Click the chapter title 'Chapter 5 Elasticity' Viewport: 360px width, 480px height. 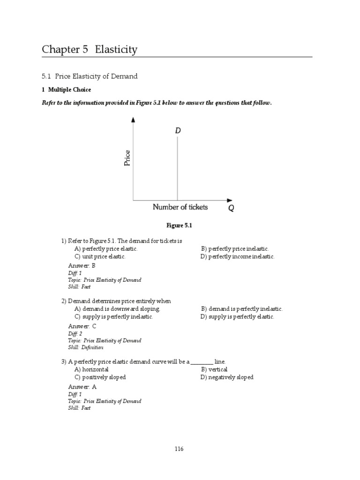(x=90, y=49)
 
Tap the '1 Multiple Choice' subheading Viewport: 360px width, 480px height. (x=66, y=90)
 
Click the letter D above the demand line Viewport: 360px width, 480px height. (x=178, y=131)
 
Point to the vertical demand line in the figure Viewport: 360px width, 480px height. (x=177, y=169)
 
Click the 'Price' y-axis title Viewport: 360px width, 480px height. (x=127, y=158)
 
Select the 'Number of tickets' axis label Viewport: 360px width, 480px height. (x=180, y=207)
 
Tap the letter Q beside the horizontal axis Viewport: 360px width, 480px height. (x=231, y=209)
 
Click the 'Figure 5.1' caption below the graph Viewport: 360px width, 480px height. (x=180, y=225)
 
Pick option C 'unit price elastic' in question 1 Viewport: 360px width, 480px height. (x=100, y=256)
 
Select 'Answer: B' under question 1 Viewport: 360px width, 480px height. (x=82, y=266)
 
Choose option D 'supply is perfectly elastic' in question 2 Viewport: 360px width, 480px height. (x=237, y=317)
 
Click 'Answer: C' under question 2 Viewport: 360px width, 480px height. (x=82, y=326)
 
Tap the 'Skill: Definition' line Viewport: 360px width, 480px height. (x=86, y=347)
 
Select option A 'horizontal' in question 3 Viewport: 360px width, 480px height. (x=91, y=370)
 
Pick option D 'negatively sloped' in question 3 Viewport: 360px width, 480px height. (x=227, y=377)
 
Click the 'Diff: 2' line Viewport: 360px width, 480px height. (x=75, y=334)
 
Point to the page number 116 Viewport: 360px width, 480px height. (x=180, y=449)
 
